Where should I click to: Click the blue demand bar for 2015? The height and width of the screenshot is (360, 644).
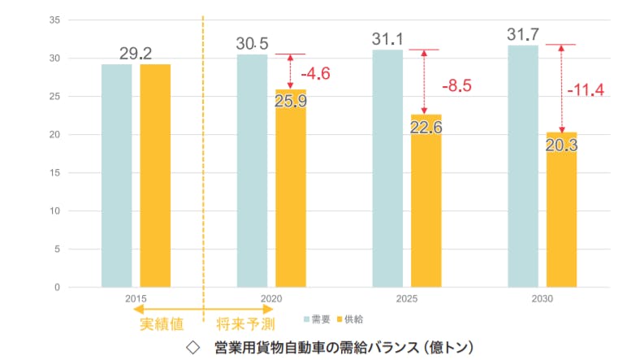coord(116,175)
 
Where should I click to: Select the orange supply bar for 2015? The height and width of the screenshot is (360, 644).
coord(155,175)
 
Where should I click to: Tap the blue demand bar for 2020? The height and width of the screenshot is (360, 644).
coord(252,170)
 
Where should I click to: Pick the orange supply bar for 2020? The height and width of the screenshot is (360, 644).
coord(291,195)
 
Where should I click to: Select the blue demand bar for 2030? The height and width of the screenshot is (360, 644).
coord(523,166)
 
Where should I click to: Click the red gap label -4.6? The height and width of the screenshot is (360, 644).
coord(316,74)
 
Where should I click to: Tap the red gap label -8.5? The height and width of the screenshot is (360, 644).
coord(456,85)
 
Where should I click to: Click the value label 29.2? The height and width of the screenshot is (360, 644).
coord(136,53)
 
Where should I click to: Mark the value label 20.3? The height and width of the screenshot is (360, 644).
coord(561,145)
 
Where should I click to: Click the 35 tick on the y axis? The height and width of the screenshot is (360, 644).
coord(54,20)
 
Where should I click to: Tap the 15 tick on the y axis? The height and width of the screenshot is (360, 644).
coord(54,173)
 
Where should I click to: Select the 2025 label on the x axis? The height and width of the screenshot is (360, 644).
coord(406,299)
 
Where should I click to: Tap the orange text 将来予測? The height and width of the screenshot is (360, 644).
coord(244,324)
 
